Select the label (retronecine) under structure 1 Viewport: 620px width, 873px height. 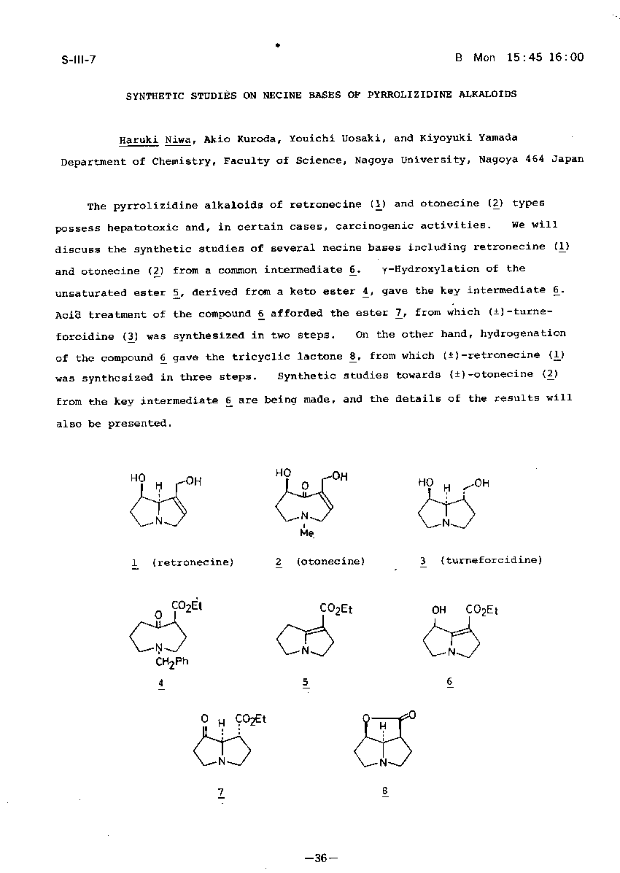click(193, 562)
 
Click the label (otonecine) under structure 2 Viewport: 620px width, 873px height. click(330, 562)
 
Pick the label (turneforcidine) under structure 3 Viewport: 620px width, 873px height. click(491, 560)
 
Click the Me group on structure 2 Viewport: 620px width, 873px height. click(306, 533)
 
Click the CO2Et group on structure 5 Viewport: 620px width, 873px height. click(336, 609)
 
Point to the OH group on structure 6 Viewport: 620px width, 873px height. click(439, 610)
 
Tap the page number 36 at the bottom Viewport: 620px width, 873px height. click(319, 858)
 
